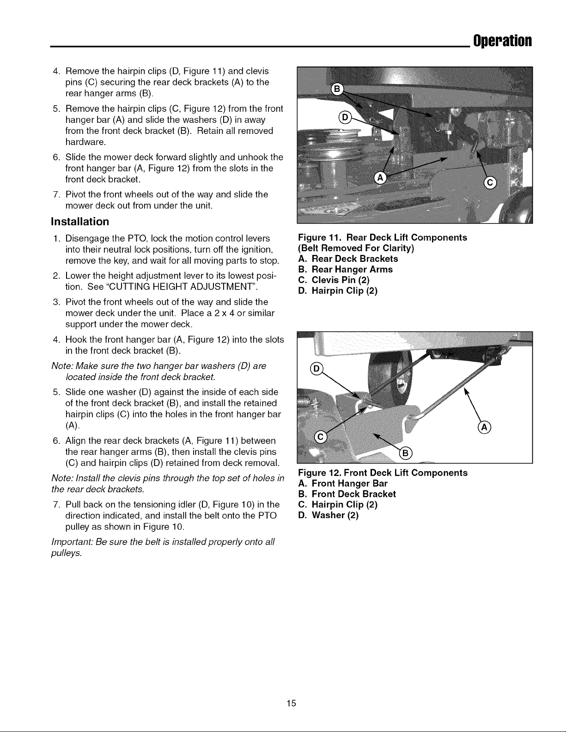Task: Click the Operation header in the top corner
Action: coord(502,41)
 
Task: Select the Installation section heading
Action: coord(80,222)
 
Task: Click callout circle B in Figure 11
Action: coord(337,89)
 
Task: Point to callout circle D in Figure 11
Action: coord(345,117)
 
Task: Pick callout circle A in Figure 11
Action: coord(380,177)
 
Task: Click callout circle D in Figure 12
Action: coord(316,369)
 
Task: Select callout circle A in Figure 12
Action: coord(484,427)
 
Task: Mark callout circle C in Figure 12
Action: coord(320,437)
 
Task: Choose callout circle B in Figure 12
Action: coord(406,454)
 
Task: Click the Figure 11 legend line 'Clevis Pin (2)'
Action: coord(334,280)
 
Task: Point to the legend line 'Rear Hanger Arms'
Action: coord(346,270)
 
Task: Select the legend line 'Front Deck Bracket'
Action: coord(347,494)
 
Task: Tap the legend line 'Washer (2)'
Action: coord(329,515)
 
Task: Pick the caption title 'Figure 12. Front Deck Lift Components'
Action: coord(383,473)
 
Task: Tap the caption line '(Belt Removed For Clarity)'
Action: coord(356,248)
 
